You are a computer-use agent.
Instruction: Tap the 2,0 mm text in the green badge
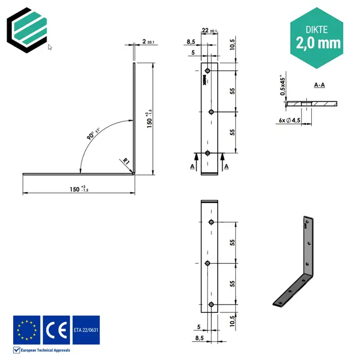pyautogui.click(x=318, y=43)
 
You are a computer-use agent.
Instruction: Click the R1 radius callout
pyautogui.click(x=126, y=162)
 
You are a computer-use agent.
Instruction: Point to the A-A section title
pyautogui.click(x=320, y=85)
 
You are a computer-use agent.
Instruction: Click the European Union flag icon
pyautogui.click(x=26, y=329)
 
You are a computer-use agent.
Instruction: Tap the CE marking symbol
pyautogui.click(x=56, y=329)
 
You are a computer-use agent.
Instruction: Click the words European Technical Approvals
pyautogui.click(x=44, y=350)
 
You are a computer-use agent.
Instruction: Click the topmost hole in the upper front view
pyautogui.click(x=207, y=71)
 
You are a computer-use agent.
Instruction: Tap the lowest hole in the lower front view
pyautogui.click(x=211, y=304)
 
